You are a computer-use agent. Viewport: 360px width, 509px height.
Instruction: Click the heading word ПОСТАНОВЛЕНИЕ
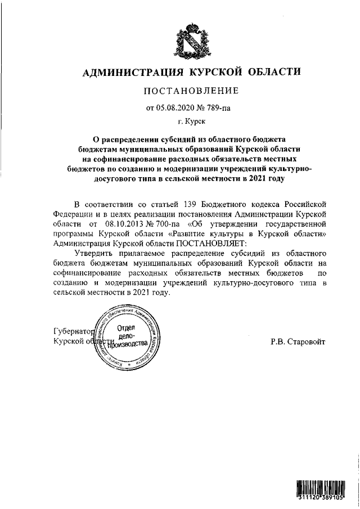click(192, 91)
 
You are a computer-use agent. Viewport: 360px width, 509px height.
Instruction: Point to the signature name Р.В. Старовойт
click(298, 342)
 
